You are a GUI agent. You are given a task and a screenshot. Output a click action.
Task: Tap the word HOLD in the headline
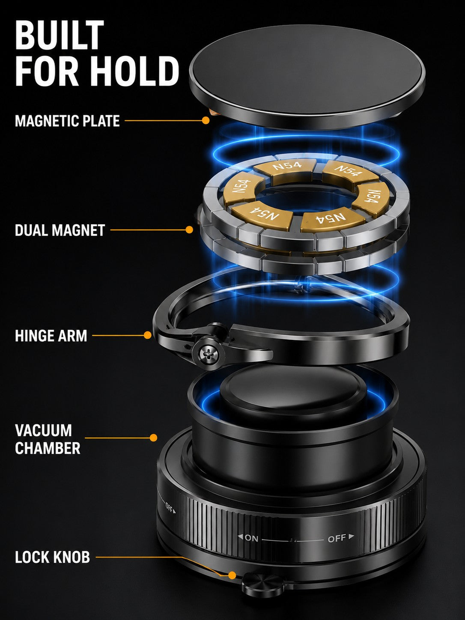tap(137, 71)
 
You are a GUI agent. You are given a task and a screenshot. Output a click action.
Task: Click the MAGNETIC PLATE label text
tap(67, 121)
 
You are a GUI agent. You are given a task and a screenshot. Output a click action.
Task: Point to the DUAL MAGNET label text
tap(60, 230)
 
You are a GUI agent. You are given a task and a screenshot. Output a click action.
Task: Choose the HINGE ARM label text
tap(51, 336)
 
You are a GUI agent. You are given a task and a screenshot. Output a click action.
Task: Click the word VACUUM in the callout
tap(44, 430)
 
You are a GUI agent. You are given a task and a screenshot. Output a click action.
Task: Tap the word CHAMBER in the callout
tap(48, 448)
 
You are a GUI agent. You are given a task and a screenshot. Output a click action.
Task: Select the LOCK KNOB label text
tap(52, 557)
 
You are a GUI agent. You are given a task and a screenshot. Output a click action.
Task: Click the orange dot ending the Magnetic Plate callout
tap(206, 120)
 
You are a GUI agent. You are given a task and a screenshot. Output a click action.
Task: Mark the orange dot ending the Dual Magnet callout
tap(189, 230)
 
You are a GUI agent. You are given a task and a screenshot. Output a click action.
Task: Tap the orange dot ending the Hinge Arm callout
tap(147, 335)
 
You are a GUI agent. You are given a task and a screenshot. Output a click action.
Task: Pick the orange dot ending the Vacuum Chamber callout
tap(154, 438)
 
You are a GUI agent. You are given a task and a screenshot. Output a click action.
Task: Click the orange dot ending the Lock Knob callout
tap(232, 575)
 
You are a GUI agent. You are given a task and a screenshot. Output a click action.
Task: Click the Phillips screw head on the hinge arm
tap(208, 354)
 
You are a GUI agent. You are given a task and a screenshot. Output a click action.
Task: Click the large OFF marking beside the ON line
tap(337, 538)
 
